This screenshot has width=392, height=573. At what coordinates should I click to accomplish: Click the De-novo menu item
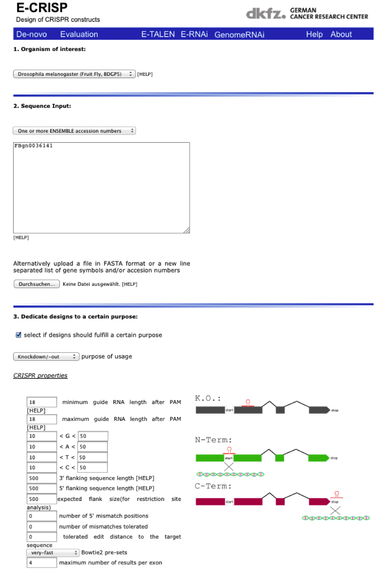click(31, 34)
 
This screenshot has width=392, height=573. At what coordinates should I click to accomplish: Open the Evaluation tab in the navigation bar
click(79, 34)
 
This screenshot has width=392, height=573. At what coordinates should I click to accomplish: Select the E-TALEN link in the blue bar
click(158, 34)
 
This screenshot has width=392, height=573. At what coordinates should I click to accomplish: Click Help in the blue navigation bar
click(314, 34)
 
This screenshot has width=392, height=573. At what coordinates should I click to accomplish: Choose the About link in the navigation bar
click(341, 34)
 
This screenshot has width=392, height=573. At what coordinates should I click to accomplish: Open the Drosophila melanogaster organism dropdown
click(74, 74)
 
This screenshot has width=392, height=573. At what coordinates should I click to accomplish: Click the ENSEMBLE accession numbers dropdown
click(74, 131)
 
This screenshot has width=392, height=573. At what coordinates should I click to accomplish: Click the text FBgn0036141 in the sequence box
click(34, 146)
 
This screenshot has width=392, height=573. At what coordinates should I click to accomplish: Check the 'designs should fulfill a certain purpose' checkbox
click(18, 335)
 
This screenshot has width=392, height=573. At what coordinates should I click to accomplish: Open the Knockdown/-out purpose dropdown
click(46, 357)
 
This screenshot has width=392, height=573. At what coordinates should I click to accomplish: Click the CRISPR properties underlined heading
click(40, 375)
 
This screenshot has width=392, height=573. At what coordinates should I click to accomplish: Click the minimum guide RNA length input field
click(42, 402)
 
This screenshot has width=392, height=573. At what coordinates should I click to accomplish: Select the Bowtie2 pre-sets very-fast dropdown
click(52, 552)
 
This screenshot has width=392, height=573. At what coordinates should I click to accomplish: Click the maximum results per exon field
click(42, 562)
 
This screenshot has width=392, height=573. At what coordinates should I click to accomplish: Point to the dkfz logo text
click(265, 14)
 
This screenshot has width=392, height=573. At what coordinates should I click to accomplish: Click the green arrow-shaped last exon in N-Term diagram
click(318, 458)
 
